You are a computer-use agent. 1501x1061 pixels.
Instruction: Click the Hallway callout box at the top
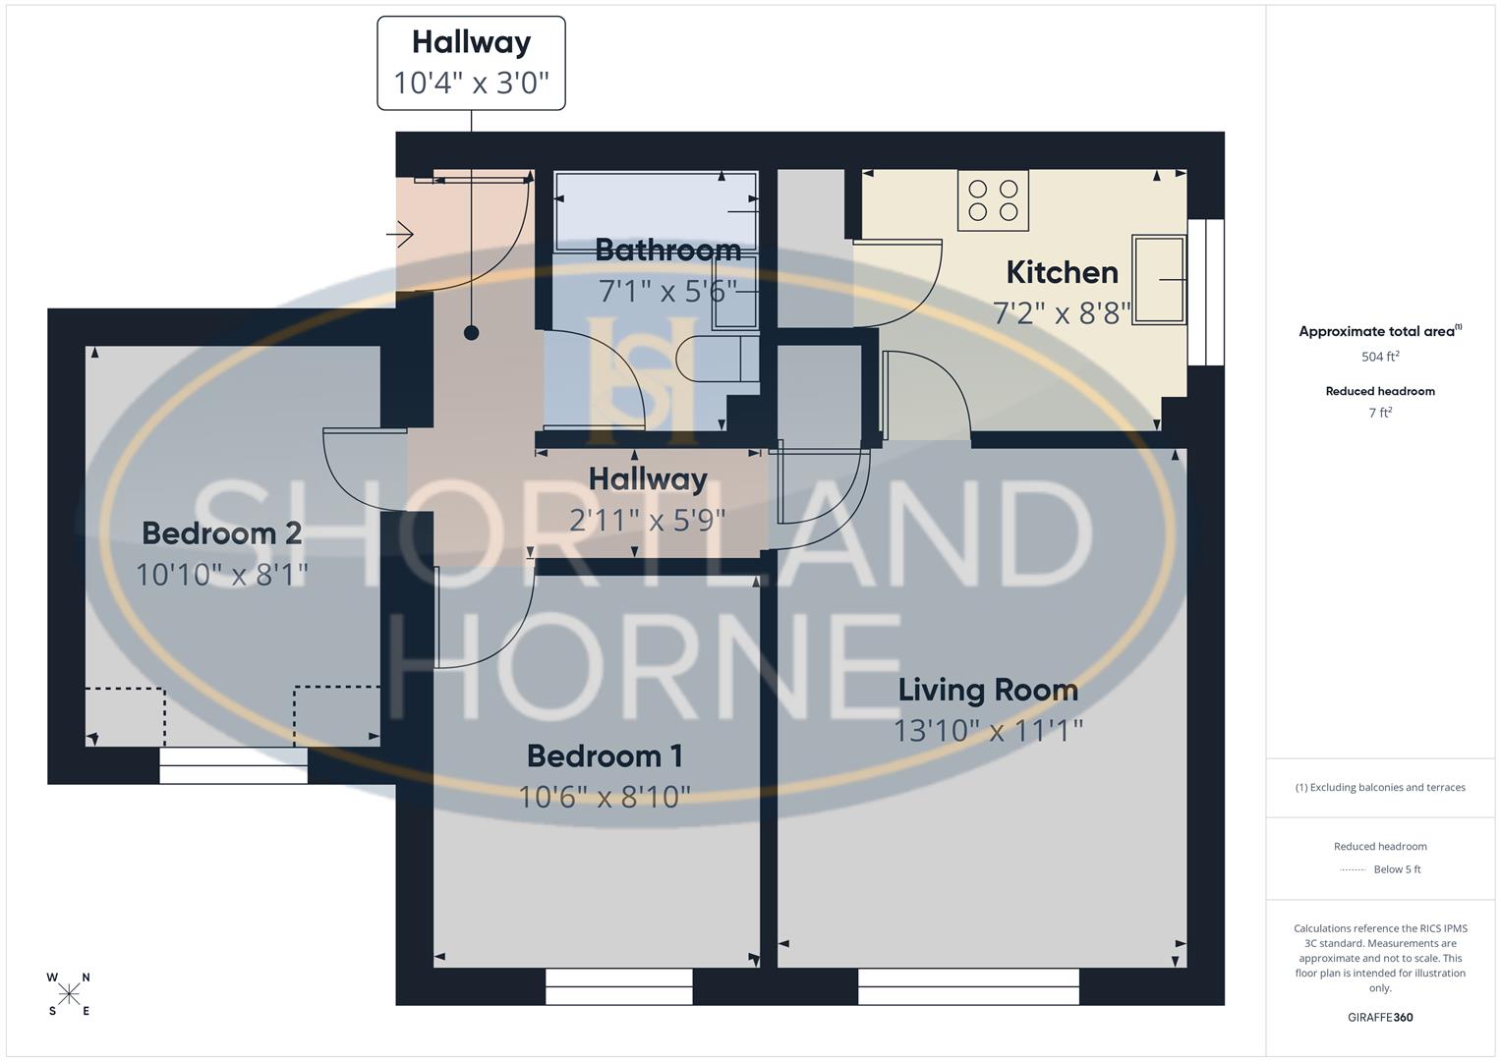471,63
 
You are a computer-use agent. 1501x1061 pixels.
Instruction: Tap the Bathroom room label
667,250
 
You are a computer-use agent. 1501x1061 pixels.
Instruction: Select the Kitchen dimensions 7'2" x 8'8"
1062,312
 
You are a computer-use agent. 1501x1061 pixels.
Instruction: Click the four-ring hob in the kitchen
993,199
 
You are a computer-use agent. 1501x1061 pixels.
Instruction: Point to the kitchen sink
1159,279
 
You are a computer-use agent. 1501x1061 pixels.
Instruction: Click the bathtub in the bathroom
656,211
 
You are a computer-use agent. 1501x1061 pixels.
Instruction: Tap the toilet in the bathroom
717,359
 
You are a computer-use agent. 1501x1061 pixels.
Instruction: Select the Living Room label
988,690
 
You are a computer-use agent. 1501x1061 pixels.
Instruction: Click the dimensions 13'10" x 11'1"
988,731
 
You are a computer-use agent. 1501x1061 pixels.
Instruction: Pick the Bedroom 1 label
605,755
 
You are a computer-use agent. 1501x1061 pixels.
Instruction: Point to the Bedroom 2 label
221,532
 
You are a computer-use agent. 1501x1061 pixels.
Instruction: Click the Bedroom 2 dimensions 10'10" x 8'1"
221,574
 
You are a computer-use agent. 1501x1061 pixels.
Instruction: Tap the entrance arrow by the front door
400,235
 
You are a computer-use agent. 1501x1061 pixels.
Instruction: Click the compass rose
69,994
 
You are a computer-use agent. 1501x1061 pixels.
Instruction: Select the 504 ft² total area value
1380,357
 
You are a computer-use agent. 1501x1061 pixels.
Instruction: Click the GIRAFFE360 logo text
1380,1017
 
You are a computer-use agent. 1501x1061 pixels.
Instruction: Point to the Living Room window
968,986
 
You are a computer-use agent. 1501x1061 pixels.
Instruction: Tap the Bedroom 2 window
234,765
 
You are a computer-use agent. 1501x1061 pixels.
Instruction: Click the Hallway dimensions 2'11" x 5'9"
648,520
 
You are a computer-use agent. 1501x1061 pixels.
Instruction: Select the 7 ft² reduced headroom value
1380,413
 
